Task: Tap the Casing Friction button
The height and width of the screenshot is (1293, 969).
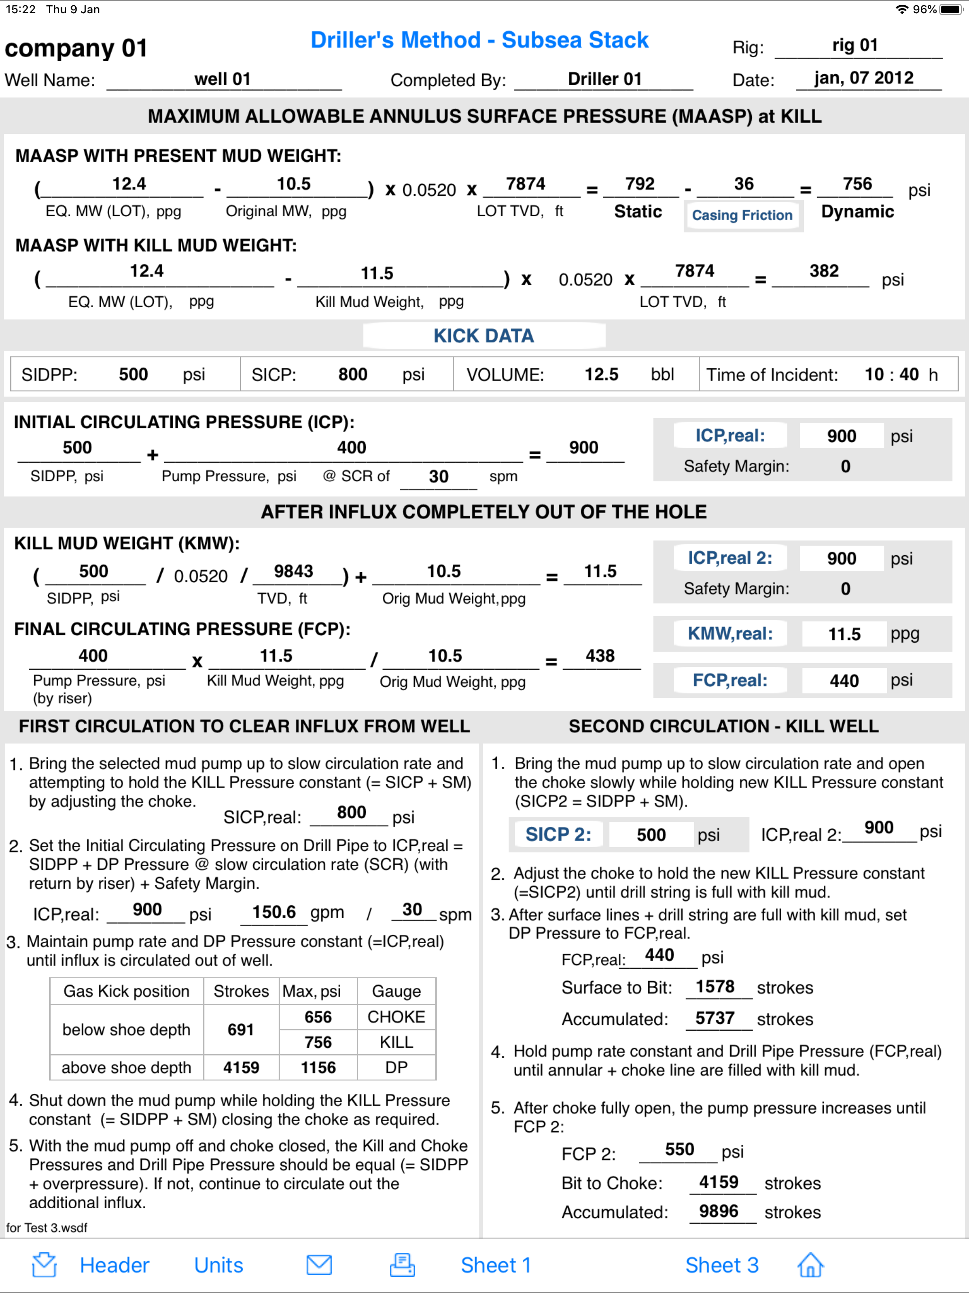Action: click(x=742, y=215)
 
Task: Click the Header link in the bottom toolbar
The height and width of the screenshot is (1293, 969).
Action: click(x=115, y=1265)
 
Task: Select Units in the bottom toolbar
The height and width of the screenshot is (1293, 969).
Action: click(x=219, y=1265)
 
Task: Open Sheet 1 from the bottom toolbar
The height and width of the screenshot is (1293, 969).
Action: click(x=495, y=1265)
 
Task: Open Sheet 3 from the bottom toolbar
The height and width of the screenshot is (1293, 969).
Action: click(x=722, y=1265)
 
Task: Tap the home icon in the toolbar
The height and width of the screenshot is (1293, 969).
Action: click(x=810, y=1265)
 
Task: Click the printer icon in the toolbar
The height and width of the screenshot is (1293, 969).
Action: click(x=402, y=1265)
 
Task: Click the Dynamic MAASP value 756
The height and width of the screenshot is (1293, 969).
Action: click(x=857, y=184)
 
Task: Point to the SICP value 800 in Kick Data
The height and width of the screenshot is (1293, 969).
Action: click(x=353, y=374)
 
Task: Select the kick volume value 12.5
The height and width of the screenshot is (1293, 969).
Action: click(x=601, y=374)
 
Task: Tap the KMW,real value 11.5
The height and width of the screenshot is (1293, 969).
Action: click(x=844, y=634)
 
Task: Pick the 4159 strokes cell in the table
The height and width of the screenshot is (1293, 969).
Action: click(x=241, y=1067)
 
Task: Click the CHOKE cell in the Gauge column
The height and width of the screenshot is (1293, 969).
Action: click(x=396, y=1017)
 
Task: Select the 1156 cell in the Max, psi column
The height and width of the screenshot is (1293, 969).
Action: click(x=318, y=1067)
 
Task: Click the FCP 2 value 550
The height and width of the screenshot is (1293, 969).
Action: click(x=679, y=1150)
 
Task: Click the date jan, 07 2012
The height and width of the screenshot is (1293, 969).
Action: click(x=864, y=78)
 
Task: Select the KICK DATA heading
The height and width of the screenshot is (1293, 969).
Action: click(x=484, y=336)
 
